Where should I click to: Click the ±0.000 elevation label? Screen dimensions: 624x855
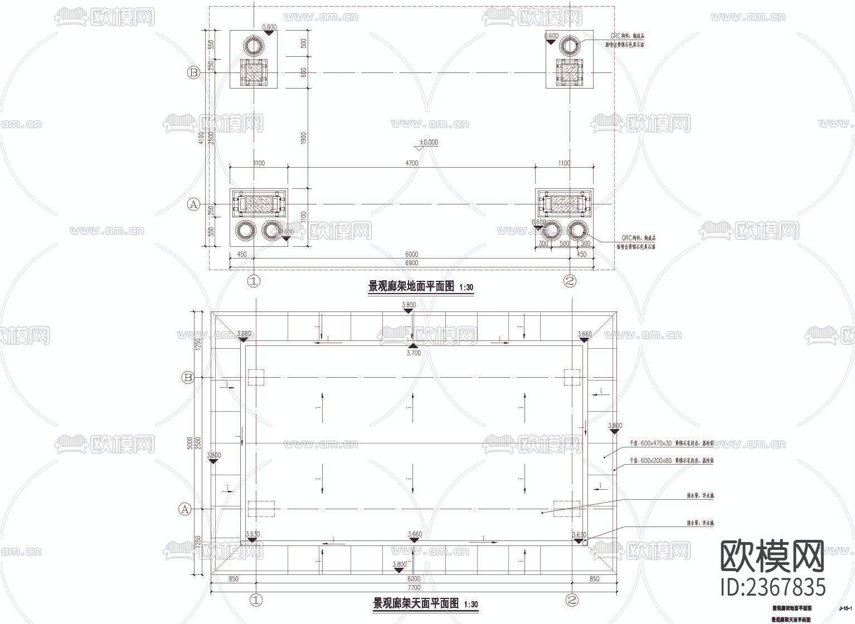(x=429, y=142)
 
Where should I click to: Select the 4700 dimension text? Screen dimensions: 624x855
(x=411, y=163)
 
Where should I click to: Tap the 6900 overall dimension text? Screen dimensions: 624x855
(x=411, y=263)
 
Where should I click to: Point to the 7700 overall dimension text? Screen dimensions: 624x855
(x=414, y=587)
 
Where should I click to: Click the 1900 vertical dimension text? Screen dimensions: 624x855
(x=303, y=138)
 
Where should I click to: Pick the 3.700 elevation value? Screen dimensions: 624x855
(x=414, y=353)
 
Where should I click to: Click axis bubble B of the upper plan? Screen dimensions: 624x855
(x=193, y=72)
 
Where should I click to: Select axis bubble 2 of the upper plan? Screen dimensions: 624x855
(x=570, y=281)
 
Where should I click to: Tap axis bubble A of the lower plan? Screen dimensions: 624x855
(x=184, y=509)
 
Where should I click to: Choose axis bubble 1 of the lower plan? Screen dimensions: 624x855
(x=256, y=601)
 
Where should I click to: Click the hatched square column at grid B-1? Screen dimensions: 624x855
(x=254, y=73)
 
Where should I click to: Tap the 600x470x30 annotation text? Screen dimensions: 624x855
(x=671, y=443)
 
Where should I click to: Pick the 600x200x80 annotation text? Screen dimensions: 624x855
(x=671, y=461)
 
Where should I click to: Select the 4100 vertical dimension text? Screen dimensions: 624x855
(x=201, y=138)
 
